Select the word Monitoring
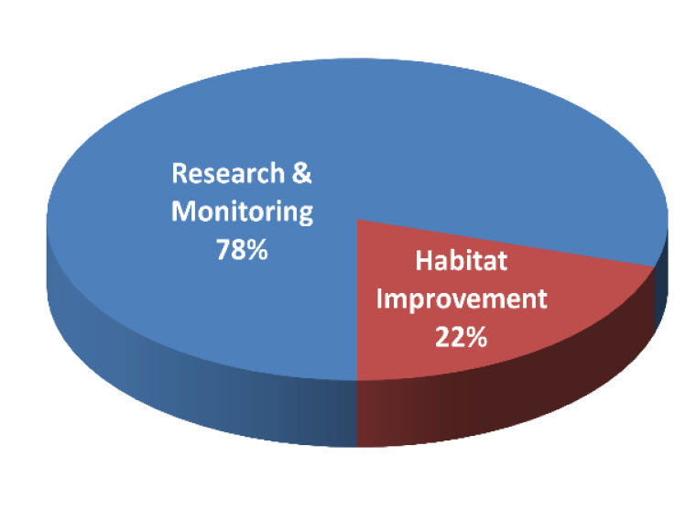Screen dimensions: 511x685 [243, 212]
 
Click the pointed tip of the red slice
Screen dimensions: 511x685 [357, 220]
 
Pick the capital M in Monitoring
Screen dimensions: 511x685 [183, 212]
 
